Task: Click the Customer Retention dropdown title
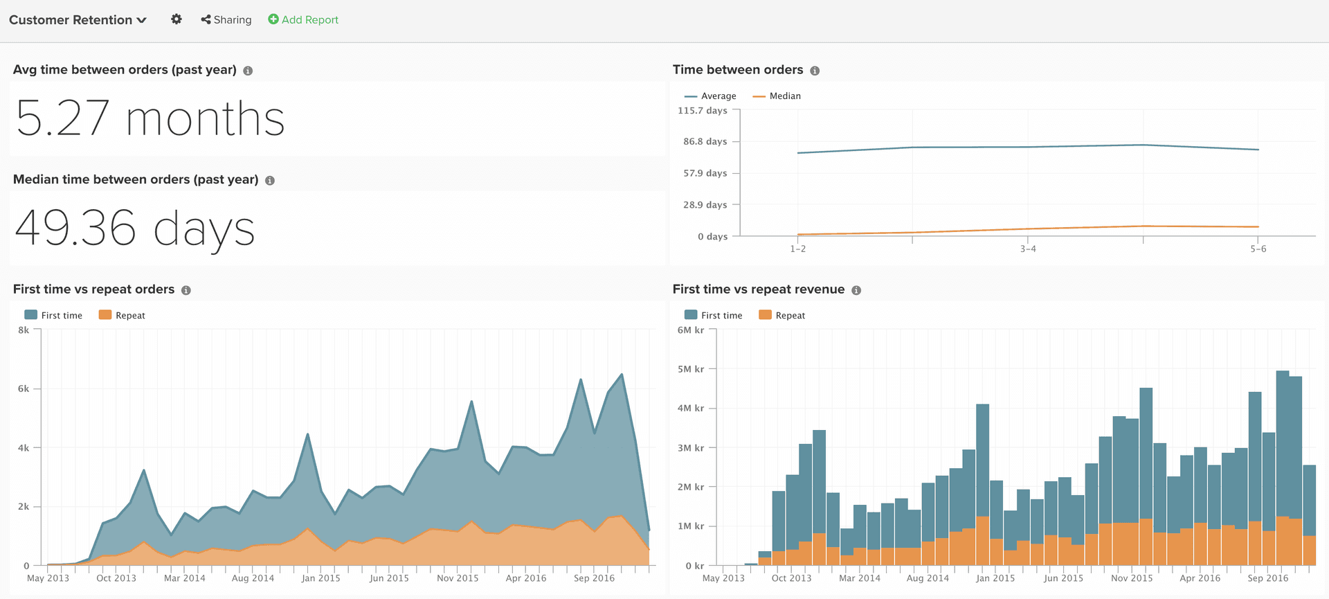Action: pyautogui.click(x=78, y=20)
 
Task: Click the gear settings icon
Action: pyautogui.click(x=177, y=19)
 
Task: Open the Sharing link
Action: pyautogui.click(x=226, y=20)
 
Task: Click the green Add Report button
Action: pyautogui.click(x=303, y=20)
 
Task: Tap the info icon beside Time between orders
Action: pyautogui.click(x=815, y=71)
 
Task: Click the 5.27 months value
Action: pyautogui.click(x=150, y=118)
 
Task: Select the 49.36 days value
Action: pyautogui.click(x=135, y=229)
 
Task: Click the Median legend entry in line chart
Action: pyautogui.click(x=777, y=96)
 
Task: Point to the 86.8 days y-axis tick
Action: pyautogui.click(x=705, y=141)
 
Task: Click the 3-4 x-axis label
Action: pyautogui.click(x=1028, y=249)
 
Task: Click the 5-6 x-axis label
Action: pyautogui.click(x=1258, y=249)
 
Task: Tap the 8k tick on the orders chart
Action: pyautogui.click(x=24, y=330)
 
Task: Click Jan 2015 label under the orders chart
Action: pyautogui.click(x=320, y=578)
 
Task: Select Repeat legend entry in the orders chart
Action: pyautogui.click(x=123, y=315)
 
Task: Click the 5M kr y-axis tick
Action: pyautogui.click(x=691, y=369)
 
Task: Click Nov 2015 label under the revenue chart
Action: pyautogui.click(x=1132, y=578)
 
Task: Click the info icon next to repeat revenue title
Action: pyautogui.click(x=856, y=290)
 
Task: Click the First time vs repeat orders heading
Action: pyautogui.click(x=93, y=289)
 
